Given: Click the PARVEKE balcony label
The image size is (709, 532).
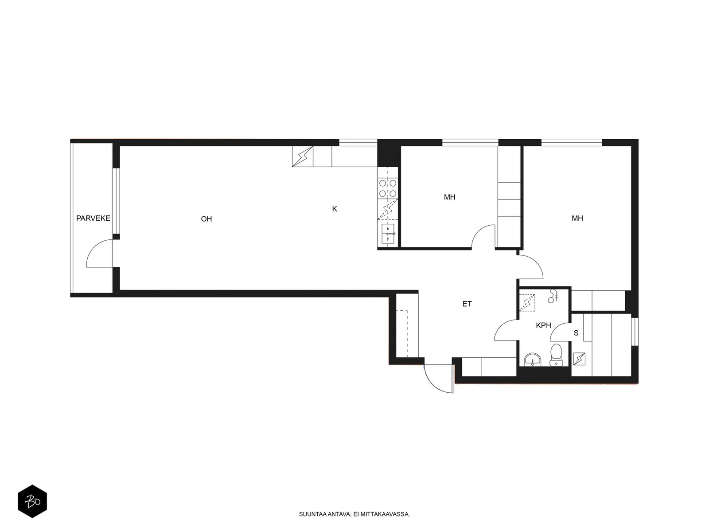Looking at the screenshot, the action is tap(93, 219).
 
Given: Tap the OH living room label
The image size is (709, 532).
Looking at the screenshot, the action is tap(206, 219).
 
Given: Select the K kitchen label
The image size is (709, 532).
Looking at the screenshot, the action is tap(335, 209).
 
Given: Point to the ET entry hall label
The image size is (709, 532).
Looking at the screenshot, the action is tap(467, 304).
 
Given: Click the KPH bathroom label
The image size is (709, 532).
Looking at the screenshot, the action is tap(543, 325).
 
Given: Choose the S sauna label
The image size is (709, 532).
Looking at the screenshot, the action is tap(576, 333).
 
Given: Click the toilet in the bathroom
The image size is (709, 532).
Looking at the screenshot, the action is tap(556, 355).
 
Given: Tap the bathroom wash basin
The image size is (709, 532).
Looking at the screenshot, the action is tap(533, 360).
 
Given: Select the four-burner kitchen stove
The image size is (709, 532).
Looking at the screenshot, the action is tap(388, 188).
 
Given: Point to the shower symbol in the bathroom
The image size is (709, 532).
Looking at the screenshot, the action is tap(553, 296).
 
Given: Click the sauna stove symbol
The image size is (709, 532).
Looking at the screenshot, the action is tap(579, 359).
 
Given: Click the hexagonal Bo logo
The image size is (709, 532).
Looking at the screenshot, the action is tap(32, 501).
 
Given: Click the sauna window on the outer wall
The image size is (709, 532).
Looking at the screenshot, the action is tap(635, 332).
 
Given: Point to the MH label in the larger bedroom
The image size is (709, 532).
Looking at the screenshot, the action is tap(577, 219).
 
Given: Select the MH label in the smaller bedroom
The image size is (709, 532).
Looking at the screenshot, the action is tap(450, 197).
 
